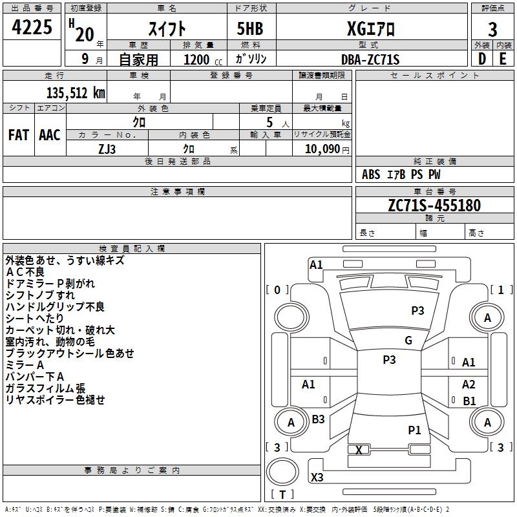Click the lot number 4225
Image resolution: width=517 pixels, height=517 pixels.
[32, 26]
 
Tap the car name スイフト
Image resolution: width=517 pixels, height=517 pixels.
[167, 29]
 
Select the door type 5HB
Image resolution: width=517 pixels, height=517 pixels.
[250, 28]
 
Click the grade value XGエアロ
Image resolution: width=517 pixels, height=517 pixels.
[371, 28]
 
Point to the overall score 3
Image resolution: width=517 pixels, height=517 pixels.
[492, 29]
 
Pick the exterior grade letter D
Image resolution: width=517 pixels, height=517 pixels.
[482, 59]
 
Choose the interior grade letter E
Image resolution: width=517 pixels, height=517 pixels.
[503, 59]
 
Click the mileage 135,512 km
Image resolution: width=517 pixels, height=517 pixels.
[76, 93]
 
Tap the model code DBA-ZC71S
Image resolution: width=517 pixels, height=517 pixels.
[370, 59]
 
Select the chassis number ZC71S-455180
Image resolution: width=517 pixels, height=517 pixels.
[434, 206]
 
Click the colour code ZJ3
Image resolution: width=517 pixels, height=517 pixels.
[107, 149]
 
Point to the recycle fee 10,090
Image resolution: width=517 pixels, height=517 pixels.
[322, 149]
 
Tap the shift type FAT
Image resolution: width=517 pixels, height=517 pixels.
[19, 135]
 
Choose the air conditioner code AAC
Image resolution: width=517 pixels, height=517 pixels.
[50, 135]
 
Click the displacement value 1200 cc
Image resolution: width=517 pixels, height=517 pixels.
[203, 59]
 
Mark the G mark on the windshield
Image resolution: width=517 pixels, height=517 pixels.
[408, 340]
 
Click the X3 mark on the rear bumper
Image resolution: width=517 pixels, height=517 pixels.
[317, 477]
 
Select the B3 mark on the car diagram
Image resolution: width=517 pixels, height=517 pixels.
[318, 419]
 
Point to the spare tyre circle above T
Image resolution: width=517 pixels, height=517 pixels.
[282, 472]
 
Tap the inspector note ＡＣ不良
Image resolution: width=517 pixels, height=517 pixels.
[25, 272]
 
